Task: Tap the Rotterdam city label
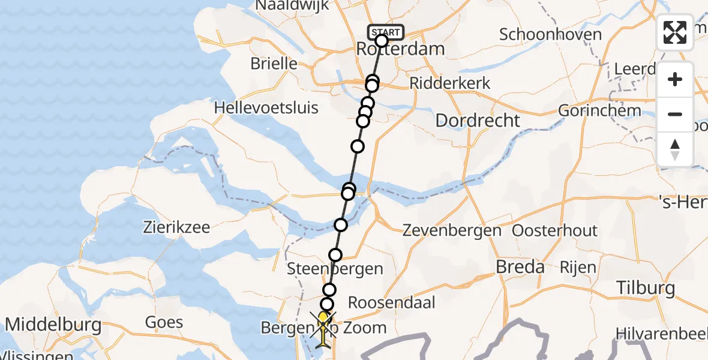[401, 49]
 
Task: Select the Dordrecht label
[478, 120]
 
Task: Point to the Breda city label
[520, 267]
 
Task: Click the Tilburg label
[645, 288]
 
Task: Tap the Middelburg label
[53, 325]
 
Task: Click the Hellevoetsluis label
[266, 108]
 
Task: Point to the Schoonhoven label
[550, 34]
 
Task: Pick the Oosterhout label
[554, 230]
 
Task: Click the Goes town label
[164, 322]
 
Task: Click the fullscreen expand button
[675, 32]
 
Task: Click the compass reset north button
[675, 149]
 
